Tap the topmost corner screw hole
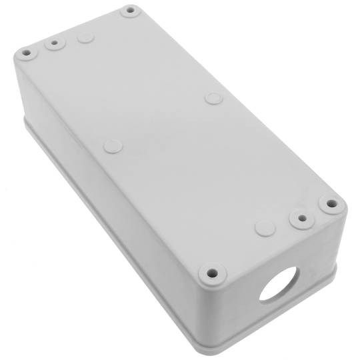click(129, 11)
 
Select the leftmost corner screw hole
click(26, 51)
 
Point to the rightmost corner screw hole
click(329, 204)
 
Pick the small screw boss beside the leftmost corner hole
click(53, 43)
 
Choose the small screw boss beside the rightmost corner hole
click(301, 217)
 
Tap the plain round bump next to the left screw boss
click(85, 37)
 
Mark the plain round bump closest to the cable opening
click(265, 228)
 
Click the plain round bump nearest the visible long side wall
click(113, 145)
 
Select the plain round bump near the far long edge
click(213, 99)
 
